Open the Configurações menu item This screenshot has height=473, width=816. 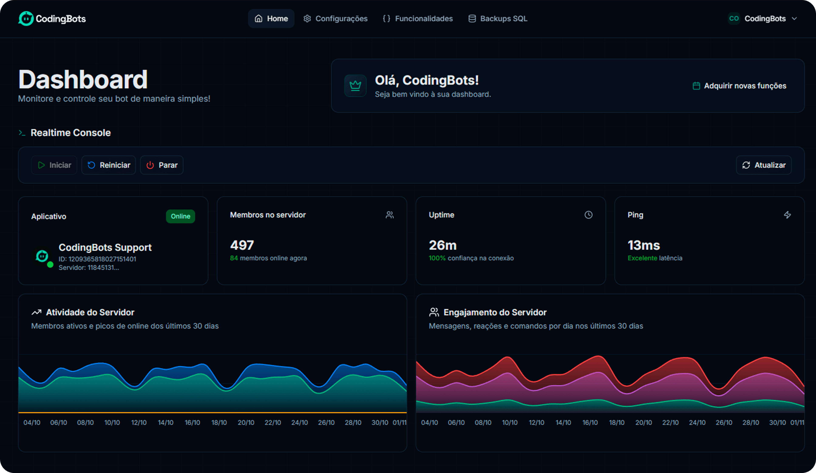[x=336, y=18]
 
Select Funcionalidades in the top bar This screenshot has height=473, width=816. [x=418, y=18]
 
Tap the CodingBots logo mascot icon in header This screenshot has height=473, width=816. [x=26, y=18]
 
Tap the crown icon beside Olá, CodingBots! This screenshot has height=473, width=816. [x=355, y=86]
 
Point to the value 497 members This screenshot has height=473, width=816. [x=242, y=245]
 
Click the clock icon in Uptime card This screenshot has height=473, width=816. [x=588, y=215]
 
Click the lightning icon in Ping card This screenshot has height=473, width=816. [x=787, y=215]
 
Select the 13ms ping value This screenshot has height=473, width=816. [x=643, y=245]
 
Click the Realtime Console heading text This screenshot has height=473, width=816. [x=71, y=133]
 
